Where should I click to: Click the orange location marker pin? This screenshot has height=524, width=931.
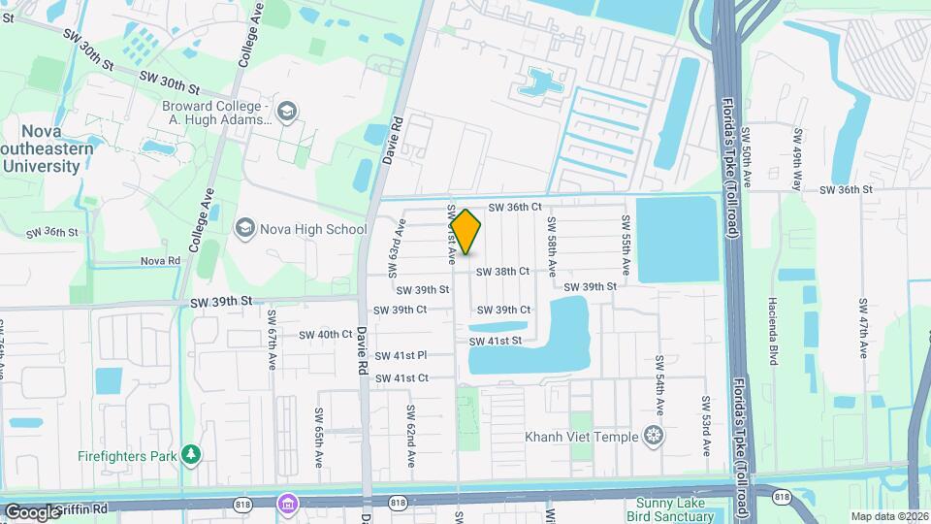tap(465, 231)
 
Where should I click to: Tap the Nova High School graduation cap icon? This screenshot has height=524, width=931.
tap(245, 229)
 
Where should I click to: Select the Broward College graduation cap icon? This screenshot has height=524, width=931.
tap(286, 113)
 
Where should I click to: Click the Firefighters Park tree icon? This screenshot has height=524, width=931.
tap(192, 453)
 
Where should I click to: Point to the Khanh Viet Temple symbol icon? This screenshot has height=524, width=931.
tap(655, 437)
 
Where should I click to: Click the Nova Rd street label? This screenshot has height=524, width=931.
tap(160, 261)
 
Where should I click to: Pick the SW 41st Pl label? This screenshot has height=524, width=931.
tap(401, 356)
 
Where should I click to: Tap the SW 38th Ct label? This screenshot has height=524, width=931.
tap(502, 272)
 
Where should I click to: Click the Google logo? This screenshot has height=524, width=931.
tap(32, 511)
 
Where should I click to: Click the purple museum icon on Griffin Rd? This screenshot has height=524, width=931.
tap(286, 504)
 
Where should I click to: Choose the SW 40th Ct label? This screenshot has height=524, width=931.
tap(325, 334)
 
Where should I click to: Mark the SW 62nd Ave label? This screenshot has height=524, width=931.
tap(411, 434)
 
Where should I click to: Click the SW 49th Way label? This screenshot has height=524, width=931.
tap(797, 160)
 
